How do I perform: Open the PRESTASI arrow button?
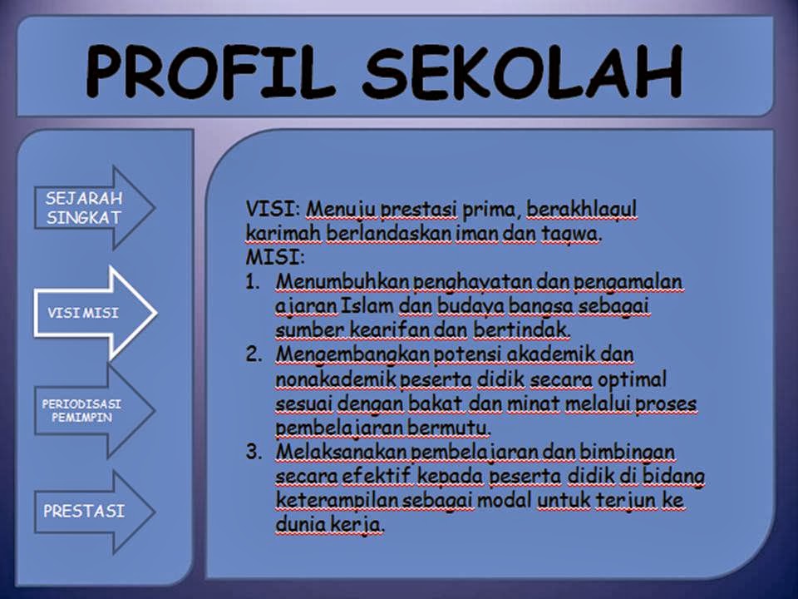click(x=88, y=511)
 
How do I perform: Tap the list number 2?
click(x=254, y=355)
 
